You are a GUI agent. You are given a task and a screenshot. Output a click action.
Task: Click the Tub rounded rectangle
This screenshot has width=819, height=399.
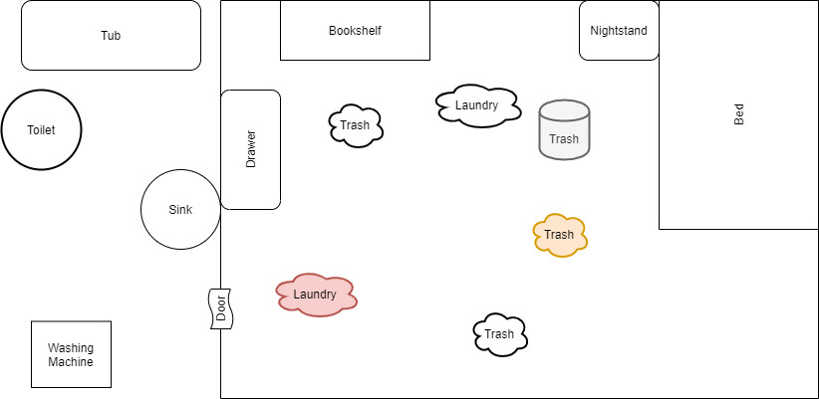click(x=111, y=36)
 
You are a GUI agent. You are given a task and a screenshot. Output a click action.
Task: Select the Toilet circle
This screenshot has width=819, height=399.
click(x=41, y=130)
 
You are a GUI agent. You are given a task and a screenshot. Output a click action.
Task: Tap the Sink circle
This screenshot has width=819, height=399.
click(x=180, y=209)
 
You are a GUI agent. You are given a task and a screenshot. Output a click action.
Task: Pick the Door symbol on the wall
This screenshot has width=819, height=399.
click(x=220, y=308)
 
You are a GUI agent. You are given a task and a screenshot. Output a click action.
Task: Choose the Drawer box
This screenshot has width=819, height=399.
click(x=250, y=149)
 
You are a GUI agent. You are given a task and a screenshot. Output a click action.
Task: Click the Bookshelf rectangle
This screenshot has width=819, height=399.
click(x=355, y=31)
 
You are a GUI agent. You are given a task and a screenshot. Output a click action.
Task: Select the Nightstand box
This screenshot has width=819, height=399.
click(x=619, y=31)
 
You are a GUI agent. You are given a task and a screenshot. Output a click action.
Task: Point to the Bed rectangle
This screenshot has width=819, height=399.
click(x=738, y=114)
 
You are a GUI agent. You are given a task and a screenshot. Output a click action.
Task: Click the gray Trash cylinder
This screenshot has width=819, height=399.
click(x=564, y=130)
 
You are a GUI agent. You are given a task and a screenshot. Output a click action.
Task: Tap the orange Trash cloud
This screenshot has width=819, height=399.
click(x=560, y=235)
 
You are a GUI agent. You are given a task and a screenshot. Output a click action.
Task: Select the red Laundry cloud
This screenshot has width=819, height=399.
click(x=316, y=295)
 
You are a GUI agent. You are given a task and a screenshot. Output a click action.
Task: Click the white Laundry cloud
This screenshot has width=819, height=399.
click(x=477, y=105)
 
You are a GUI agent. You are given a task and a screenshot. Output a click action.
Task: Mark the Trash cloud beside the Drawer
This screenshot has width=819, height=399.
click(x=356, y=125)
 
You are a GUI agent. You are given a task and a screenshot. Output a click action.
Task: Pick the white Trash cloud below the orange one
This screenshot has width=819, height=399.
click(x=500, y=334)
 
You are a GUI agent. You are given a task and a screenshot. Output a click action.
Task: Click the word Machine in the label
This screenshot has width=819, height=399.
click(x=71, y=362)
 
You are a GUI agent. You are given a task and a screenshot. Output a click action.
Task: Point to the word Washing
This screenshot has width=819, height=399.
click(x=71, y=348)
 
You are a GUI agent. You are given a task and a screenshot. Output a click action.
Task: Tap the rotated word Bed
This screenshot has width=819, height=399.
click(x=738, y=114)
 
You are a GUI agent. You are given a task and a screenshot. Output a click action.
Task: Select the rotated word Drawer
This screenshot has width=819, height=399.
click(x=250, y=149)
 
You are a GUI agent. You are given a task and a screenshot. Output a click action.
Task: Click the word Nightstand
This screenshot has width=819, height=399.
click(x=619, y=31)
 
